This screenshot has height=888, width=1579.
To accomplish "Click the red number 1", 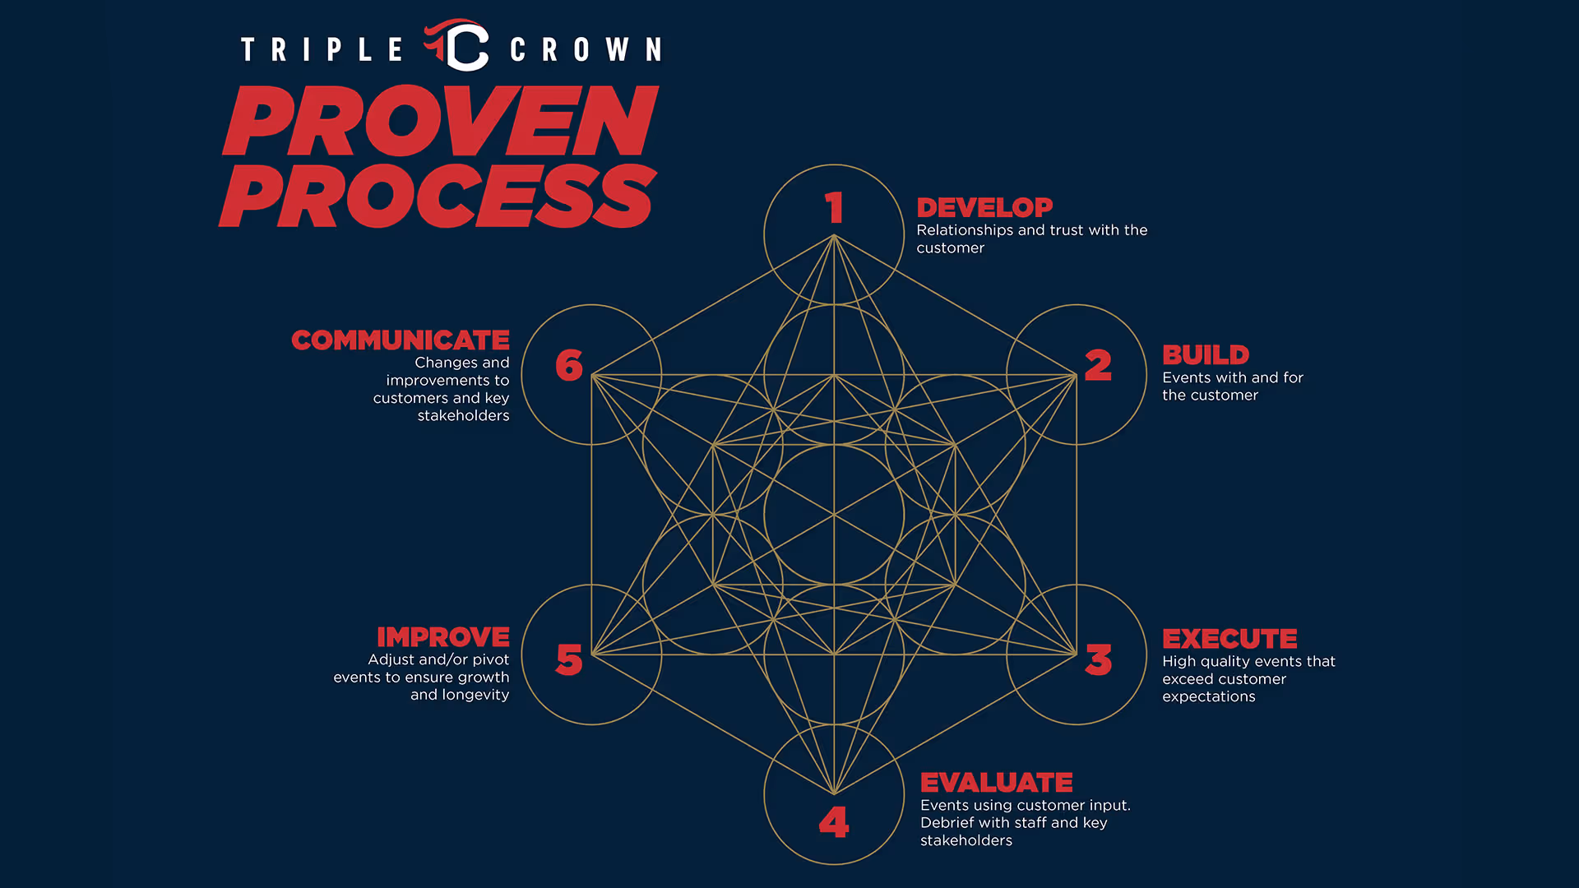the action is [x=835, y=207].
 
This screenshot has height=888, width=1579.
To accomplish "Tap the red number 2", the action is [x=1098, y=365].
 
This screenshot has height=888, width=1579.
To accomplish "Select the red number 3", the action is [x=1099, y=659].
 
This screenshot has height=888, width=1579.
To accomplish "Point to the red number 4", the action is [x=834, y=821].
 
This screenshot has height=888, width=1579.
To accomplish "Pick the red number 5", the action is [x=569, y=659].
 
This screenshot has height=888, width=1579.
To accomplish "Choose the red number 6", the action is [x=569, y=365].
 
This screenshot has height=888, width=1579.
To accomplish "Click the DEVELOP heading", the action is [x=984, y=208].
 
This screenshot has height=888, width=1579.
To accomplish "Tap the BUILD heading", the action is [x=1206, y=355].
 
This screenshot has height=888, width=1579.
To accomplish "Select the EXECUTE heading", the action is [x=1229, y=639].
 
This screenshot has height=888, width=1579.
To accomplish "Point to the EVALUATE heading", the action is [x=996, y=783].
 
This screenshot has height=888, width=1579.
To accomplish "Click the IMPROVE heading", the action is [x=443, y=637].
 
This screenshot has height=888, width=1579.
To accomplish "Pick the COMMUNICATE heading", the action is [x=401, y=340].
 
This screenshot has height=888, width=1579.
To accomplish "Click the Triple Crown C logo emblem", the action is [x=459, y=46].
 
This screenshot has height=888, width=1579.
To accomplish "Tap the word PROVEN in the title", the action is [x=441, y=121].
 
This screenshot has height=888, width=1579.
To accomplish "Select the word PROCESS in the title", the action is [x=438, y=196].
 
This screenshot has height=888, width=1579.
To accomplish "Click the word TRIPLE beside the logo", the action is [x=322, y=50].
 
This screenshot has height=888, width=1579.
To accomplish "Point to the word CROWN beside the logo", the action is [x=586, y=50].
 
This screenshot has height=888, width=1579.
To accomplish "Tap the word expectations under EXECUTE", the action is [x=1209, y=696].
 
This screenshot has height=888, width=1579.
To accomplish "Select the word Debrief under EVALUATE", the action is [x=947, y=822].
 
